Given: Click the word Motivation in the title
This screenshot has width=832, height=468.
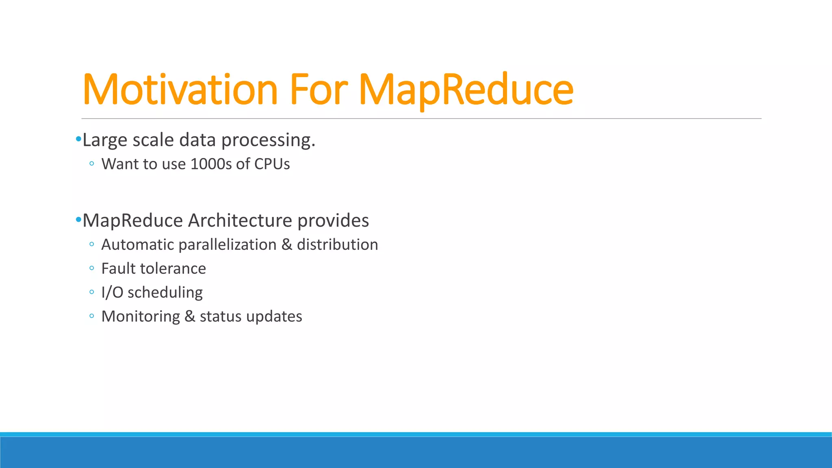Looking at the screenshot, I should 180,89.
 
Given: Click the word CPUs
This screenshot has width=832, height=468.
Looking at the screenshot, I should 272,164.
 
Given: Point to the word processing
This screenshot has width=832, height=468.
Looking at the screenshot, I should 268,141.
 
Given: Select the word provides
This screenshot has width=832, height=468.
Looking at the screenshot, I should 333,221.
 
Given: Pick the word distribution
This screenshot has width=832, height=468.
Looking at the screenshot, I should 337,245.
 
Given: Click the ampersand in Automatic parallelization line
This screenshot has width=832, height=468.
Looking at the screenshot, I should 286,245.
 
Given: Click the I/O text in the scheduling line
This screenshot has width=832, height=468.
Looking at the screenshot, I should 112,292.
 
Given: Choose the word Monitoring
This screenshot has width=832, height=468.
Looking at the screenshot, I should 141,316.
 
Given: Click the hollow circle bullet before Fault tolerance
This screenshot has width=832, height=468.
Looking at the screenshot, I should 92,268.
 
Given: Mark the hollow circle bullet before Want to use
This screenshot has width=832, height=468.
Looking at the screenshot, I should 92,164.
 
